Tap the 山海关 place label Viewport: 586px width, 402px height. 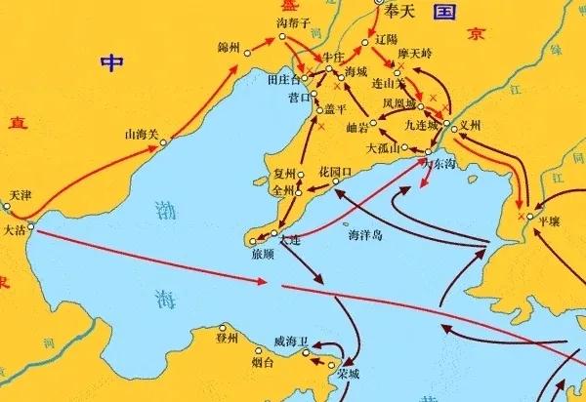click(x=141, y=135)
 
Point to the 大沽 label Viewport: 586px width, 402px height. click(x=16, y=232)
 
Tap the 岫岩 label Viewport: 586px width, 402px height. click(x=357, y=128)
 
